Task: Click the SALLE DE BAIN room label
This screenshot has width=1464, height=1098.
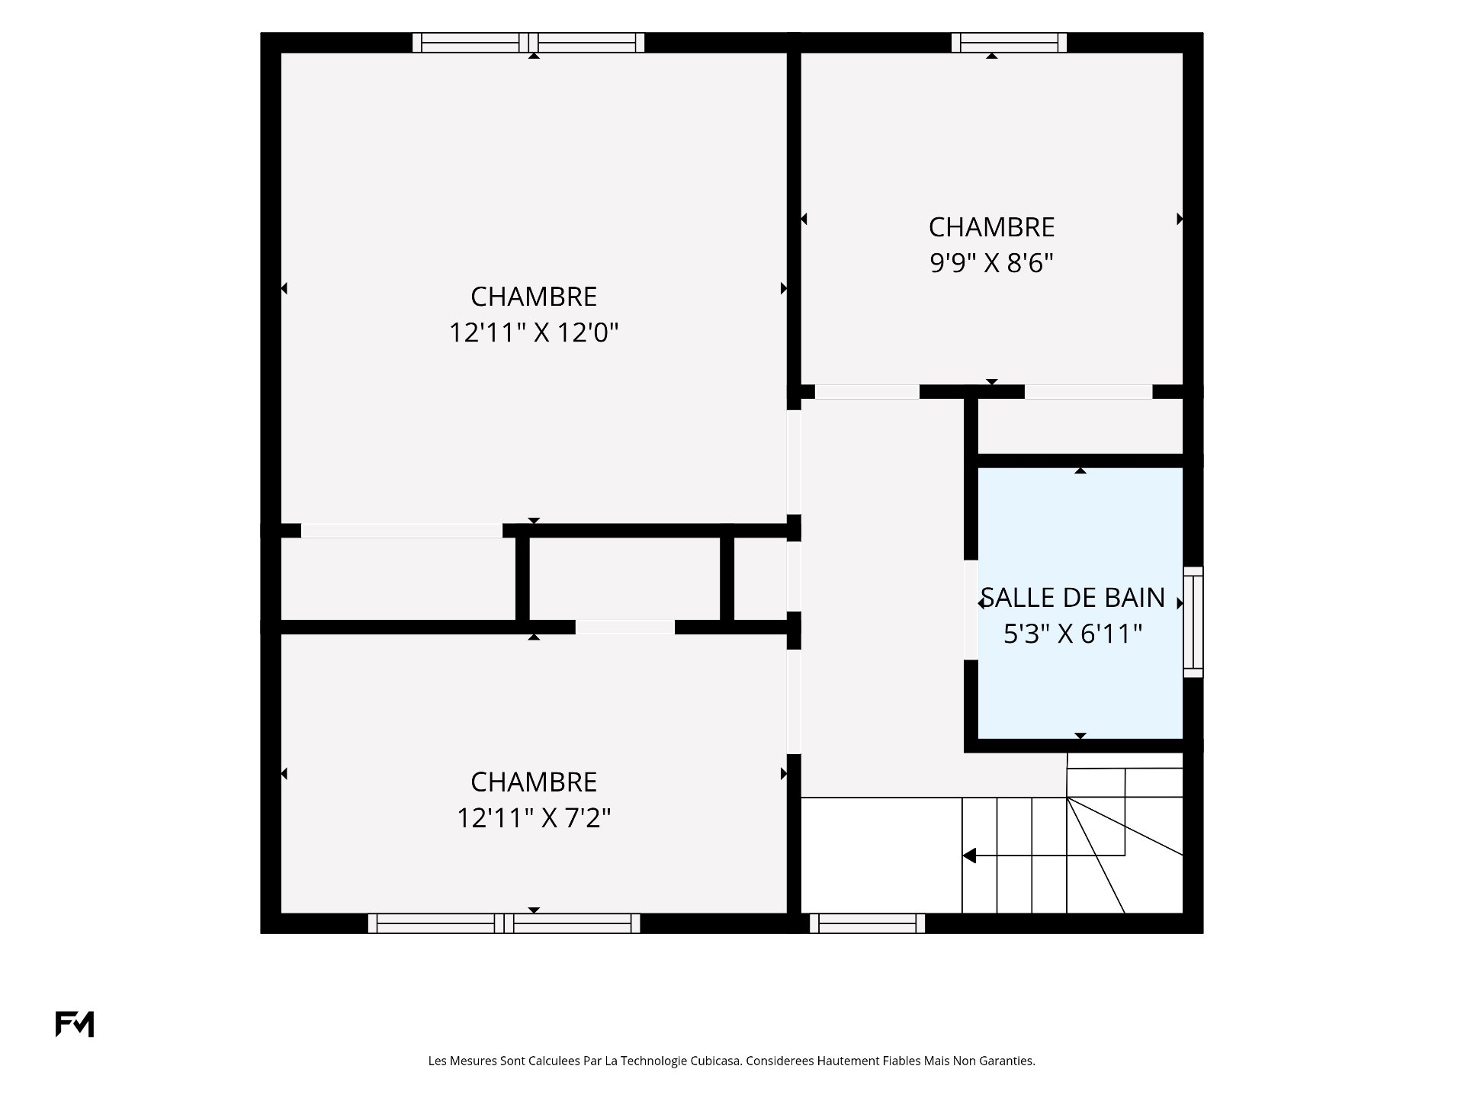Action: pyautogui.click(x=1073, y=598)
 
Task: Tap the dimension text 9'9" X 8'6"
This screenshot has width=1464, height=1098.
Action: pyautogui.click(x=991, y=263)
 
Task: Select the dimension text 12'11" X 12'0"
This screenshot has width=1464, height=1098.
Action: pyautogui.click(x=534, y=332)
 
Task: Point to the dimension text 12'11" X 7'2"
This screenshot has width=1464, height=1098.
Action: pyautogui.click(x=534, y=818)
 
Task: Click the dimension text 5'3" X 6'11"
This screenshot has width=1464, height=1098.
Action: pyautogui.click(x=1073, y=634)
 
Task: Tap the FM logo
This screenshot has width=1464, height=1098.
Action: pyautogui.click(x=75, y=1024)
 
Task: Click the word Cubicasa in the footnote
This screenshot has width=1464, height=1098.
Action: pyautogui.click(x=716, y=1061)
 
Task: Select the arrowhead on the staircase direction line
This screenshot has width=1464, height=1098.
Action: pyautogui.click(x=969, y=856)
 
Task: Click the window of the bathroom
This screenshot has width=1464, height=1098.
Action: pyautogui.click(x=1193, y=622)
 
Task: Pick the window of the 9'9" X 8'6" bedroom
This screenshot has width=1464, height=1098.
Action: pyautogui.click(x=1009, y=43)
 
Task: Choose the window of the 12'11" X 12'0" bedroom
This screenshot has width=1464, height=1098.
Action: pyautogui.click(x=528, y=43)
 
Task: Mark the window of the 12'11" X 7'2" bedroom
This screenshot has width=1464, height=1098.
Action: pyautogui.click(x=504, y=923)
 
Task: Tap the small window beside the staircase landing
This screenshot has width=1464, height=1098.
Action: pyautogui.click(x=867, y=923)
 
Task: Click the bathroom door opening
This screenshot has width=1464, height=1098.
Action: pyautogui.click(x=971, y=609)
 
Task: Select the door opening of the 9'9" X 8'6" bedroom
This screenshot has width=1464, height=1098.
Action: pyautogui.click(x=867, y=392)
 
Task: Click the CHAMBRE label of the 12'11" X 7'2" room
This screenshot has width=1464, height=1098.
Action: pyautogui.click(x=534, y=782)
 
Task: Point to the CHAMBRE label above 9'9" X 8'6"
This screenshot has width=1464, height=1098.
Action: pyautogui.click(x=991, y=227)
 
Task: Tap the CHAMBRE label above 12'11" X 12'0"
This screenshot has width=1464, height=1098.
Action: pyautogui.click(x=534, y=297)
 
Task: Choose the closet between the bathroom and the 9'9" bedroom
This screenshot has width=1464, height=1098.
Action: pyautogui.click(x=1080, y=426)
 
